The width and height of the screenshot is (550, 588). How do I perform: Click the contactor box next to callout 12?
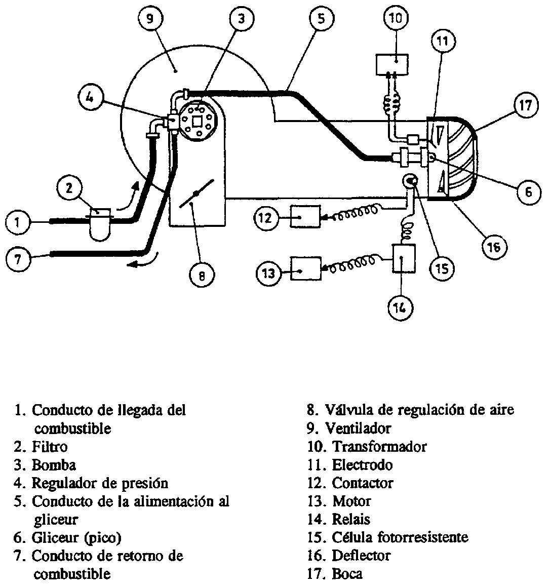pos(305,217)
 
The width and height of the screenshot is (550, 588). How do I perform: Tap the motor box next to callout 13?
pos(305,268)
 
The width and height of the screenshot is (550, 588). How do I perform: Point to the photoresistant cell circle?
pos(411,181)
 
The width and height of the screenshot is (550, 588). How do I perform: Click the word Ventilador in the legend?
pos(358,428)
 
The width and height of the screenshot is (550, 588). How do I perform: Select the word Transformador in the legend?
pos(379,447)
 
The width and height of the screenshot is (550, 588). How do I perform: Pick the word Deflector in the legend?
pos(361,556)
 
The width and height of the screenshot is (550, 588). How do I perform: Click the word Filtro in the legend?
pos(49,447)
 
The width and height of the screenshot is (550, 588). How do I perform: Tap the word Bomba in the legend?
pos(54,465)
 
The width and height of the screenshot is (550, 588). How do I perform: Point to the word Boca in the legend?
pos(347,574)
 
